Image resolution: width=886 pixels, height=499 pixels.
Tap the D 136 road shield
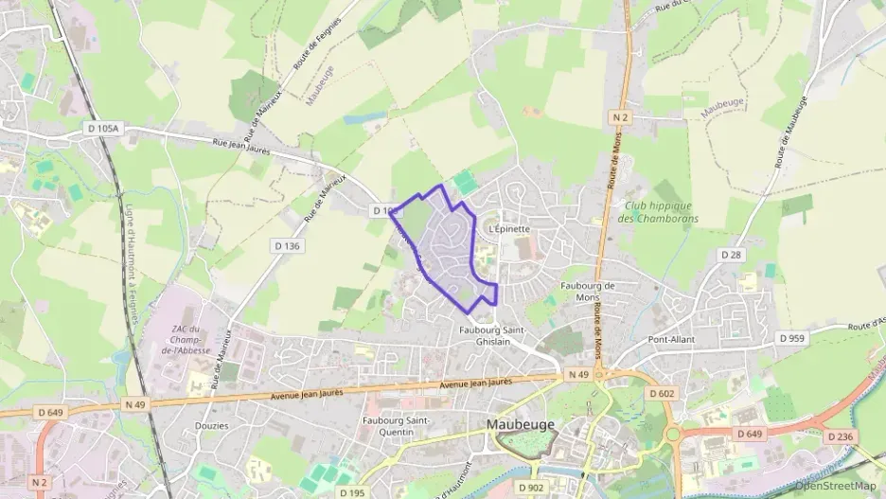pyautogui.click(x=287, y=246)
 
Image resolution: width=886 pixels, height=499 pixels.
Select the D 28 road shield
pyautogui.click(x=730, y=255)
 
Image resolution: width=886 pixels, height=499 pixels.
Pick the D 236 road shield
pyautogui.click(x=838, y=437)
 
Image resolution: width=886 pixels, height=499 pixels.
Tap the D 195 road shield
pyautogui.click(x=351, y=492)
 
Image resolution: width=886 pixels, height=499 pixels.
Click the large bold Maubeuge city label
pyautogui.click(x=521, y=425)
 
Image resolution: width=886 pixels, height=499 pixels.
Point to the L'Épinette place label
pyautogui.click(x=508, y=228)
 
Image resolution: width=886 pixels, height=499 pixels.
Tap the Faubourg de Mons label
pyautogui.click(x=588, y=292)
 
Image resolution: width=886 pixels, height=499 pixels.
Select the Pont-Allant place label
pyautogui.click(x=672, y=339)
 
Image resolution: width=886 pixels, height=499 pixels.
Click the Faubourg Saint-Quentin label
pyautogui.click(x=398, y=425)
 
